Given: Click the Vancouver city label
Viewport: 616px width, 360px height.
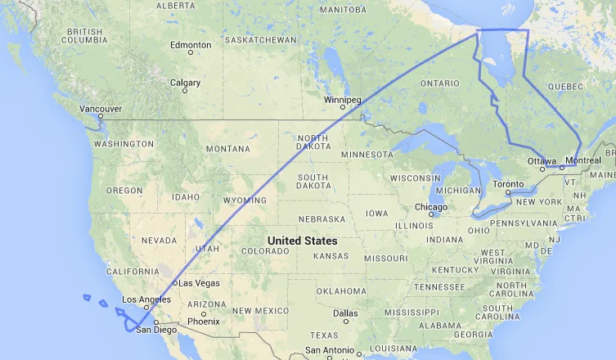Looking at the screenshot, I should [101, 108].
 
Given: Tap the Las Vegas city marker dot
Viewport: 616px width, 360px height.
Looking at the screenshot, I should [175, 283].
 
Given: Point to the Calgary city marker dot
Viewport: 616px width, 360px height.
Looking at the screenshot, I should [185, 90].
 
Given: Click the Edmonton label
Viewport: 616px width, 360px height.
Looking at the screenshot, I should [191, 44].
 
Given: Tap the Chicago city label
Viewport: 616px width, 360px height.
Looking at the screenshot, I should [430, 206].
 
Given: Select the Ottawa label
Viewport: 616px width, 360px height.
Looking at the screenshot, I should [542, 160].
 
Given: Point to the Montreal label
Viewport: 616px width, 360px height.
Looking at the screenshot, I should [583, 160].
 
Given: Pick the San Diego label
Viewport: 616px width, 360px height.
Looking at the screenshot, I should [155, 330].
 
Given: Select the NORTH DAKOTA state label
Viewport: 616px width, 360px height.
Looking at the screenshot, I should [313, 144].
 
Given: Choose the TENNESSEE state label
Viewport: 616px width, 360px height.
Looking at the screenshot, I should [440, 286].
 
